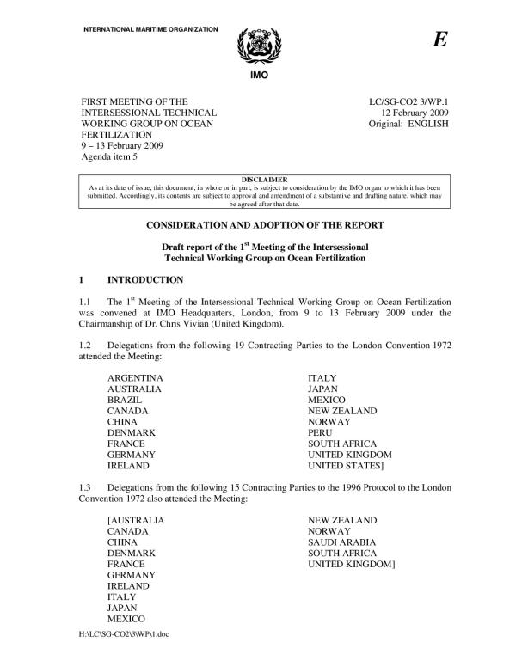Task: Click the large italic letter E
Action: click(440, 41)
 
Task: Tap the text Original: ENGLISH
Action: click(407, 124)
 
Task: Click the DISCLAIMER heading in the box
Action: click(258, 180)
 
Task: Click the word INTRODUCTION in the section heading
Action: click(145, 280)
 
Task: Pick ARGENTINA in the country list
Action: click(135, 377)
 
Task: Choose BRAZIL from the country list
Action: click(126, 400)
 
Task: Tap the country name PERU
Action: click(322, 432)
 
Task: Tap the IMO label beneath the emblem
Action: click(258, 75)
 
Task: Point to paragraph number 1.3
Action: click(87, 489)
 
